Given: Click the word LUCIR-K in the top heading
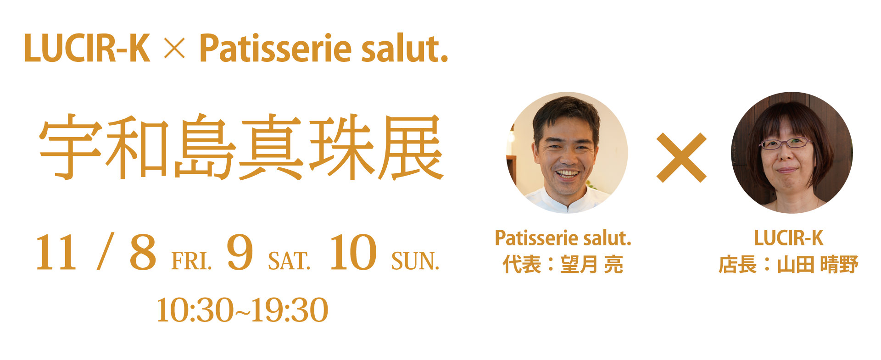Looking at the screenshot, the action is (x=87, y=48).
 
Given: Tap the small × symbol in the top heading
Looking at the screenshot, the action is (x=174, y=48).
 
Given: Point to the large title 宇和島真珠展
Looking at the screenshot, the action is (x=241, y=147).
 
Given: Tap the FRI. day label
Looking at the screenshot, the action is (x=191, y=261).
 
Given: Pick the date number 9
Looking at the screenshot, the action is (x=240, y=252).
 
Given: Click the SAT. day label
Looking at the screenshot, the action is (x=289, y=261).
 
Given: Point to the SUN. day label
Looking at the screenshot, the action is (x=415, y=261).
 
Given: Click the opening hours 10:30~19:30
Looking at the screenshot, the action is (x=242, y=310).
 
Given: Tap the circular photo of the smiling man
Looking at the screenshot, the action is (x=567, y=153).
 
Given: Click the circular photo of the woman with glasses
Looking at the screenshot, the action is (x=792, y=153).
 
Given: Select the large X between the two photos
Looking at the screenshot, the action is (x=681, y=158).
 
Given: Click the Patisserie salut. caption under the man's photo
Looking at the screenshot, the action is (x=563, y=238).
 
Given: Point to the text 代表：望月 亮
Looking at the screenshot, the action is (x=563, y=265).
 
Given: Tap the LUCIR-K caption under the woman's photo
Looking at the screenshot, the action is (x=789, y=238).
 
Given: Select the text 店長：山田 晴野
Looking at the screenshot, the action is (x=788, y=265).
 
